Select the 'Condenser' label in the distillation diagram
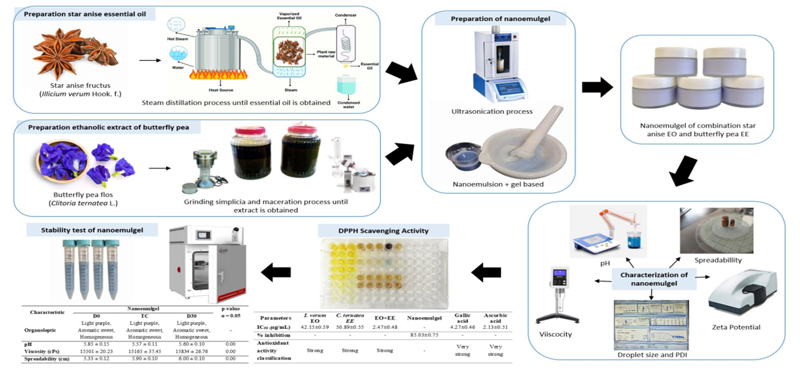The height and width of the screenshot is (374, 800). [x=348, y=14]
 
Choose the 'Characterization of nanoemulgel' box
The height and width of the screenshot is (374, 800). [x=653, y=279]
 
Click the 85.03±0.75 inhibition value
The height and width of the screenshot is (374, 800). [x=426, y=335]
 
